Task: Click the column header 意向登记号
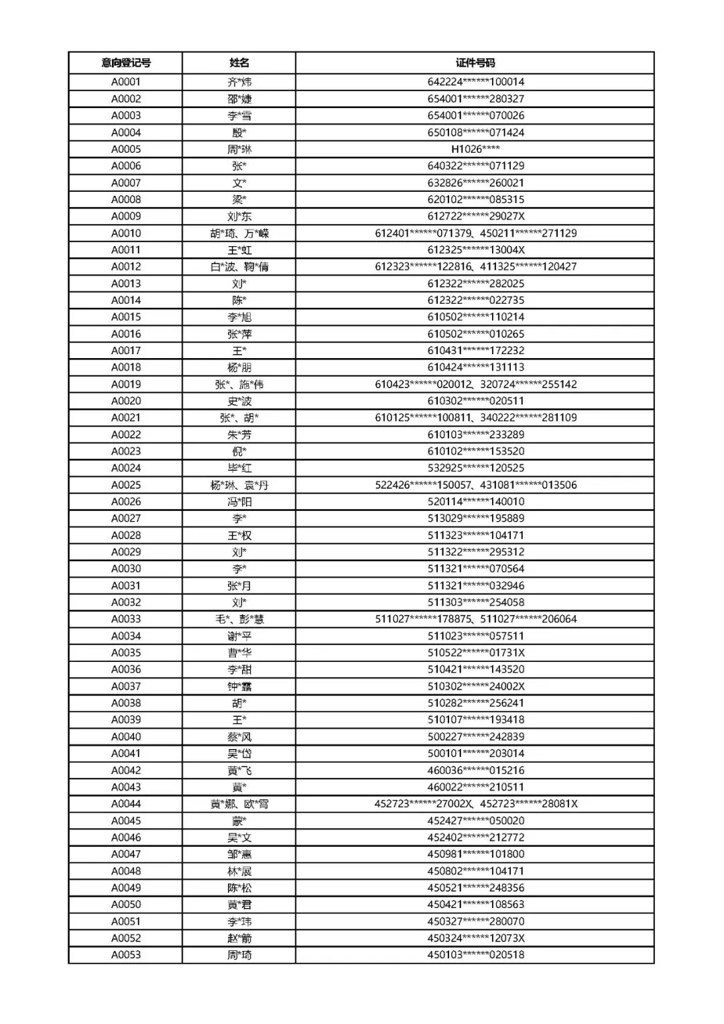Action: point(126,63)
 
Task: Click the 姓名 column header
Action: point(239,63)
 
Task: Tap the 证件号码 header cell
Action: point(475,63)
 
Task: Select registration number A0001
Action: point(126,82)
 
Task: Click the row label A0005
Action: point(126,149)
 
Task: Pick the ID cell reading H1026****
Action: point(475,149)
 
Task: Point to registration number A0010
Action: point(126,233)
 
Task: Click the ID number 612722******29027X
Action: point(476,216)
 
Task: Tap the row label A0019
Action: point(126,384)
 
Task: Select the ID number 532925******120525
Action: point(476,468)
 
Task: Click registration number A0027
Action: point(126,518)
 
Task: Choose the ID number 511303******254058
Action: point(476,602)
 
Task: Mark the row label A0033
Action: point(126,619)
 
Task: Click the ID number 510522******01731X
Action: point(476,652)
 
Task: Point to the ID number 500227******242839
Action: point(476,736)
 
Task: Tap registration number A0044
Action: point(126,803)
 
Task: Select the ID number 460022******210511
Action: point(476,787)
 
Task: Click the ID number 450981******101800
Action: point(476,854)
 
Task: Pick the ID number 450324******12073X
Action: point(476,938)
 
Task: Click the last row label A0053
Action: point(126,955)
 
